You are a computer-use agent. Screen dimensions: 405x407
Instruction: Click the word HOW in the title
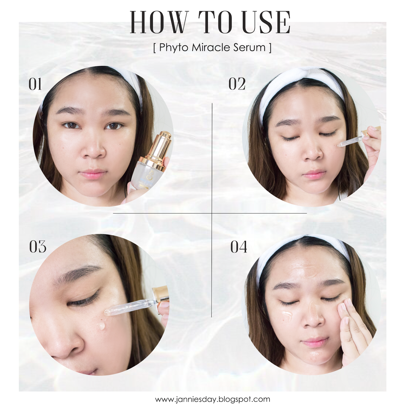tap(159, 22)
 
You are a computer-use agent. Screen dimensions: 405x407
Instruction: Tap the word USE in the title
tap(266, 22)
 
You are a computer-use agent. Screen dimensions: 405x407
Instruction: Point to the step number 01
tap(35, 84)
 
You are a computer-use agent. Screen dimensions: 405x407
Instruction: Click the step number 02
tap(237, 84)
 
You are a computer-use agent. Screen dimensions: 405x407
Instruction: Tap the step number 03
tap(38, 246)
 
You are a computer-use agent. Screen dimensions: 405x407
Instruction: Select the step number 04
tap(239, 247)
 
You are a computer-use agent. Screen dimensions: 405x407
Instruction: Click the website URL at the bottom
tap(213, 399)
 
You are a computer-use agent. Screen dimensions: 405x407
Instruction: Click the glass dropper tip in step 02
tap(340, 145)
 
